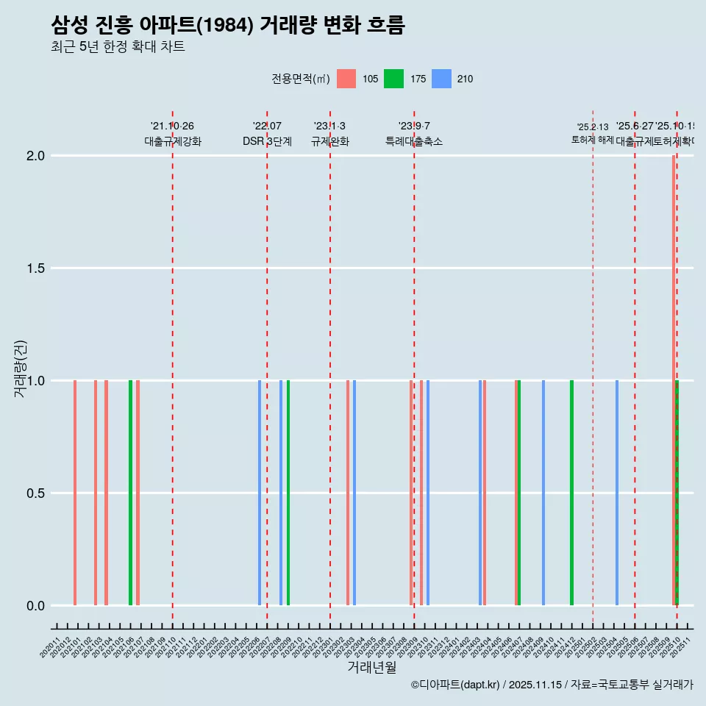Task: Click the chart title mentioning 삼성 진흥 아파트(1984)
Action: pos(228,26)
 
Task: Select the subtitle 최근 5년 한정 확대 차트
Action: pos(118,47)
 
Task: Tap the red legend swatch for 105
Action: pos(346,79)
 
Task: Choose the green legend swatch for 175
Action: pos(393,79)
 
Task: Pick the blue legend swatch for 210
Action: pos(441,79)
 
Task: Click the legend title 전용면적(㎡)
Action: pos(301,79)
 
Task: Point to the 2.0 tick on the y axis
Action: pos(37,156)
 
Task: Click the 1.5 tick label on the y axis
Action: pos(37,268)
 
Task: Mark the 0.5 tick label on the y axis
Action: pos(37,493)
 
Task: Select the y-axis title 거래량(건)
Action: pos(20,368)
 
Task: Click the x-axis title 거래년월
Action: pos(371,667)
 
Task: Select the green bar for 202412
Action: pos(571,493)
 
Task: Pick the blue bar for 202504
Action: pos(617,493)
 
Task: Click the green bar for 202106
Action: pos(130,493)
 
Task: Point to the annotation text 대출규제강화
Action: pos(172,142)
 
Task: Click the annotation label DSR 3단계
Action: pos(267,142)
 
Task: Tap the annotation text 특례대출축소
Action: pos(414,142)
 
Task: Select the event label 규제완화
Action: pos(329,142)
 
